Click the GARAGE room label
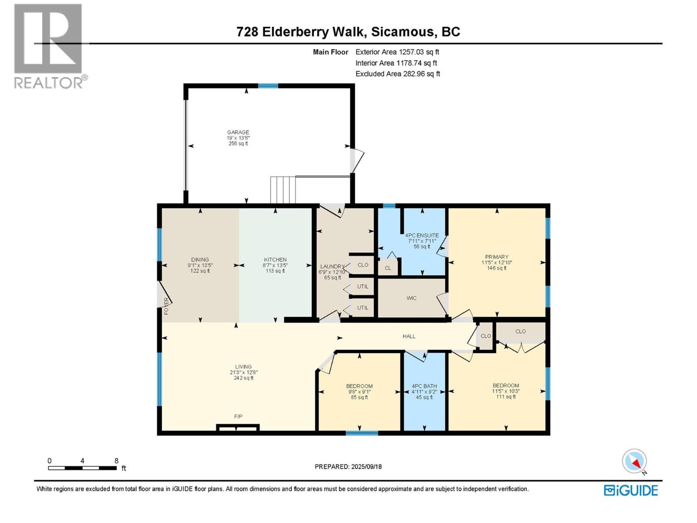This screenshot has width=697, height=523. pos(238,132)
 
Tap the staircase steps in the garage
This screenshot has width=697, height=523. pos(283,190)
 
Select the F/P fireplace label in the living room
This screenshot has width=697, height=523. pos(238,417)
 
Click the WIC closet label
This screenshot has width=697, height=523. pos(411,298)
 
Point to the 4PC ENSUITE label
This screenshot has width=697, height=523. pos(422,235)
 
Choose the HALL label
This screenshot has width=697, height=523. pos(409,336)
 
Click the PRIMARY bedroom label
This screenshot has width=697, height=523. pos(496,257)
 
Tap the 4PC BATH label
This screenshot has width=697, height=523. pos(424,386)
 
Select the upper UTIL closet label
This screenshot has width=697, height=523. pos(362,286)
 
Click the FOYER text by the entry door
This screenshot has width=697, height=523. pos(166,306)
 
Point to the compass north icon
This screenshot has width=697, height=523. pos(634,461)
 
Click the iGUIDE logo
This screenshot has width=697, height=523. pos(631,490)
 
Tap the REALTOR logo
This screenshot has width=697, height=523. pos(49,46)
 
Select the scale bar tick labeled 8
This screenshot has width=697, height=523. pos(116,461)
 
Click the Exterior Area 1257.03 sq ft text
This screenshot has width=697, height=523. pos(397,52)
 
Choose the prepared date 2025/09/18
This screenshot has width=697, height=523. pos(366,466)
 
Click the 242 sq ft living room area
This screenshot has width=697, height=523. pos(243,378)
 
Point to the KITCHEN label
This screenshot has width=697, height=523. pos(275,259)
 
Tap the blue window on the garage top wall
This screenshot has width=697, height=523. pos(268,86)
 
